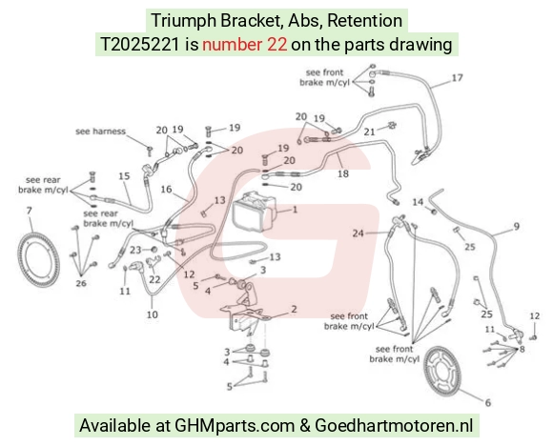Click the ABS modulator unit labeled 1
pos(254,213)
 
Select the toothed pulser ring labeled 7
pos(38,259)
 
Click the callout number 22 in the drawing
pos(154,279)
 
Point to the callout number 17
pos(457,77)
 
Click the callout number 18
pos(343,173)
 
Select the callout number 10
pos(153,314)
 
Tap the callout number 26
pos(81,283)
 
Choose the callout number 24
pos(358,233)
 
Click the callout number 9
pos(517,226)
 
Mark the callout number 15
pos(124,175)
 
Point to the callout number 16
pos(166,190)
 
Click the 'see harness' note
pos(100,132)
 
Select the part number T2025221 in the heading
pos(140,45)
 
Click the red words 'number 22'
pos(244,45)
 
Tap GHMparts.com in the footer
pos(235,426)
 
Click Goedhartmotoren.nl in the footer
pos(394,426)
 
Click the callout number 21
pos(369,132)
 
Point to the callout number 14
pos(418,202)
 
